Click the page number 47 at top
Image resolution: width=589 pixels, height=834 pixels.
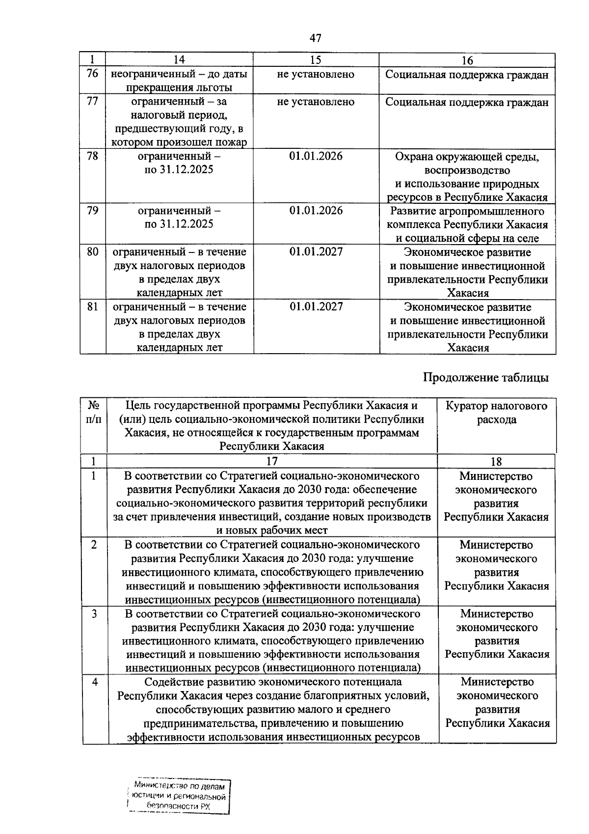(316, 38)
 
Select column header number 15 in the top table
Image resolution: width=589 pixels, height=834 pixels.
(316, 60)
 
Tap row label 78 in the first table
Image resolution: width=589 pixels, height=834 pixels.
(92, 157)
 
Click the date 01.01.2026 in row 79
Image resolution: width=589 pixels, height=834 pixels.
(316, 211)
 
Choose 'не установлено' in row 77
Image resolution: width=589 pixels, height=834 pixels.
(316, 102)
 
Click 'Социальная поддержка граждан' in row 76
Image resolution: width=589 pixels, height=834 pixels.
(467, 75)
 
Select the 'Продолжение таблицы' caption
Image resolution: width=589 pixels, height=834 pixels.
(485, 378)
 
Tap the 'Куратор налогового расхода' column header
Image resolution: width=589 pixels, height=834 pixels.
(496, 413)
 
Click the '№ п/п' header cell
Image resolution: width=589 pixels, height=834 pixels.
(94, 413)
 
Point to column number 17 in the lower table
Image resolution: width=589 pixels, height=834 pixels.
(271, 461)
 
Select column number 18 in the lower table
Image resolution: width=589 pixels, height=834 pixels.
(496, 461)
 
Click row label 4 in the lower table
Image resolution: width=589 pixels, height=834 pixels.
(94, 682)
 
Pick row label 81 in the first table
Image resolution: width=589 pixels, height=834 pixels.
(92, 307)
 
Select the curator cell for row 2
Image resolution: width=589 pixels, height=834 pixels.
(496, 565)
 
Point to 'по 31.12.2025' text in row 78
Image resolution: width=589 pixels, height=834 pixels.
(179, 170)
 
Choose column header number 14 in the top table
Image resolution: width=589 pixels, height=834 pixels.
(179, 60)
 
